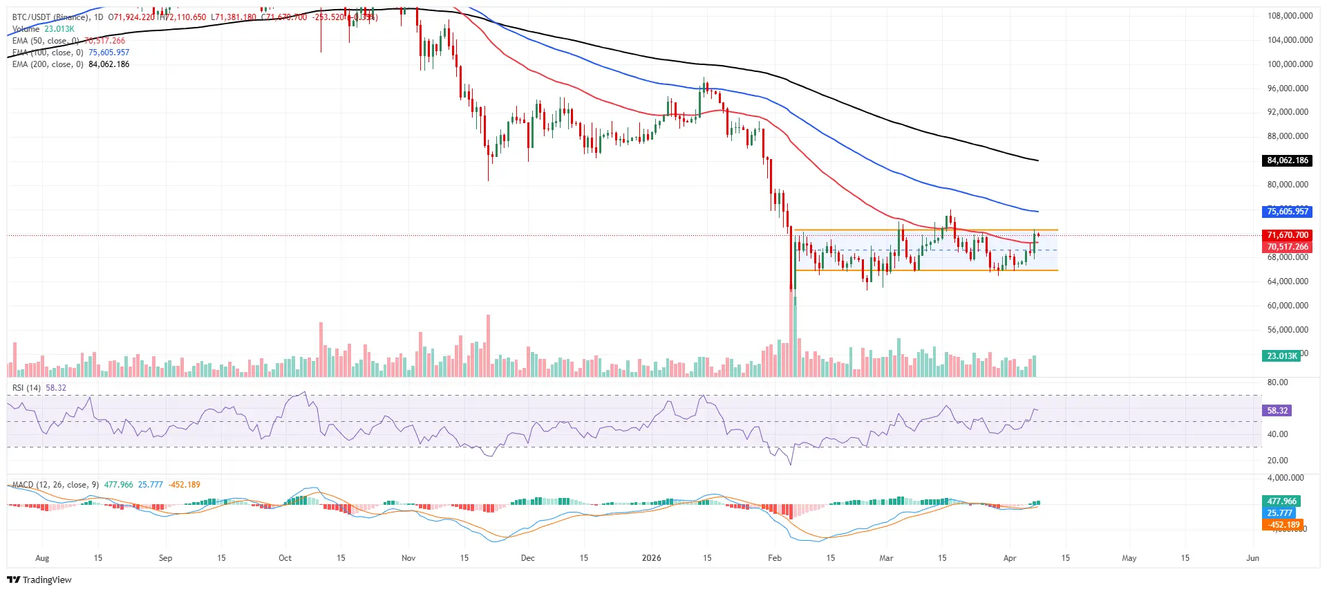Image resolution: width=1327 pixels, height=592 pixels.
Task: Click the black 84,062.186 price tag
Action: [x=1288, y=160]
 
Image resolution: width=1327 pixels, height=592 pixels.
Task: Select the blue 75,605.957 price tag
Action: [x=1288, y=212]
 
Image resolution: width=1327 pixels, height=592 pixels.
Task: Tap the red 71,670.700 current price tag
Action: [x=1288, y=235]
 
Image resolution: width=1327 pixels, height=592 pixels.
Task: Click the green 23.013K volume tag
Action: [x=1282, y=356]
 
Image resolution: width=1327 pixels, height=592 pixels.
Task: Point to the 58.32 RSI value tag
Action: [x=1277, y=411]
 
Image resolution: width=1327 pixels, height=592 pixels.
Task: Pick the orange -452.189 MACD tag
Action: [x=1284, y=525]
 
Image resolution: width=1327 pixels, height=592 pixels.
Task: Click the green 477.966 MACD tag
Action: [x=1281, y=501]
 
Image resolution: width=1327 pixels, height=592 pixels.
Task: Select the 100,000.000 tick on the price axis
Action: [x=1290, y=64]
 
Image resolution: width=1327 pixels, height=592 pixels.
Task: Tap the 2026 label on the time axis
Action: [x=651, y=558]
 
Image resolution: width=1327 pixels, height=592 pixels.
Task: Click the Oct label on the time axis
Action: [x=285, y=558]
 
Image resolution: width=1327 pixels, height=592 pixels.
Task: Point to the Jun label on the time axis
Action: [x=1252, y=558]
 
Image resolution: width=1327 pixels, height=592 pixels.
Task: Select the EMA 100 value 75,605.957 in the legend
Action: [x=109, y=53]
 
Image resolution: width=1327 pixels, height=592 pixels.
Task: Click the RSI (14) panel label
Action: [x=26, y=388]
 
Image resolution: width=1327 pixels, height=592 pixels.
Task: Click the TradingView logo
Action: [x=39, y=580]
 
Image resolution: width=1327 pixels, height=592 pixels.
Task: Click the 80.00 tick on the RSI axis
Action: [x=1278, y=382]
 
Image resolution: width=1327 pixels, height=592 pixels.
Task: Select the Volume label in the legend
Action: [x=26, y=29]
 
